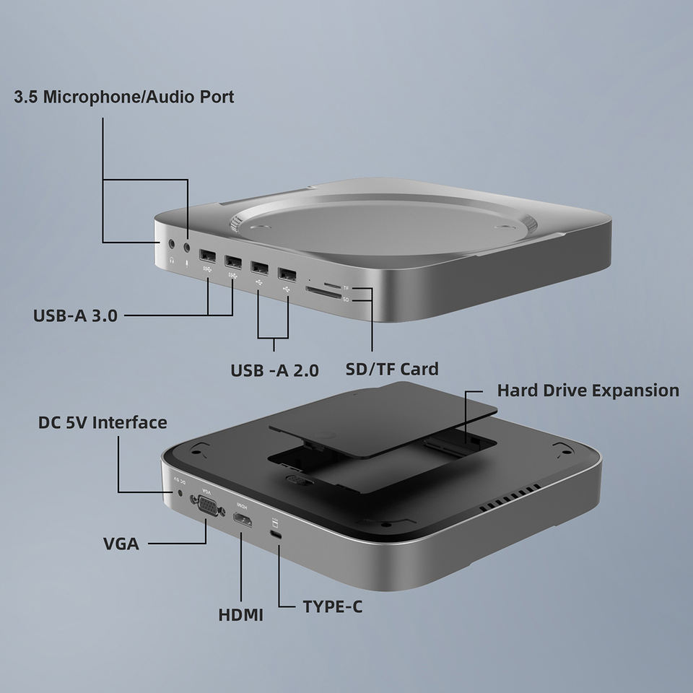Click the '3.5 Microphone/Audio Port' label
click(123, 97)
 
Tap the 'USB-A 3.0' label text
click(75, 315)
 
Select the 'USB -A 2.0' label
click(274, 370)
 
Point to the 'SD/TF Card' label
click(392, 369)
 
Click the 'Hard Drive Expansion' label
click(588, 391)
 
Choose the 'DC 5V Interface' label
click(103, 422)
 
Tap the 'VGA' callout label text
click(121, 544)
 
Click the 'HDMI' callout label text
click(241, 615)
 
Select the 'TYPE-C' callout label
click(332, 607)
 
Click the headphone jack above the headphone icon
click(172, 243)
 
